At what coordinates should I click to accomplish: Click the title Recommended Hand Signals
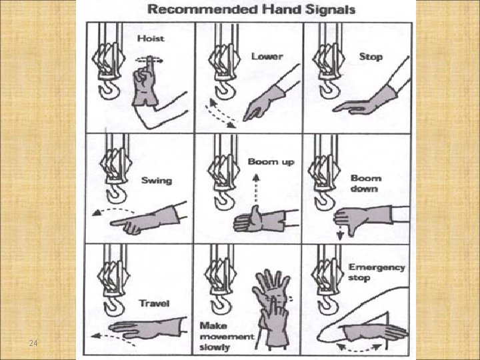[x=251, y=10]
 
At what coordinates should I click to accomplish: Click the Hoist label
[x=150, y=39]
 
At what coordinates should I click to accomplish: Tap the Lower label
[x=267, y=56]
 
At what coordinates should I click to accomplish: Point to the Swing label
[x=156, y=180]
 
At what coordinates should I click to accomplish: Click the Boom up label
[x=271, y=162]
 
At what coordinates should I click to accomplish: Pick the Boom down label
[x=366, y=183]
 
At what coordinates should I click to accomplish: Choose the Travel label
[x=153, y=303]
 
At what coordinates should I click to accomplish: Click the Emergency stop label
[x=376, y=272]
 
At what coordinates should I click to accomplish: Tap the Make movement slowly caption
[x=227, y=337]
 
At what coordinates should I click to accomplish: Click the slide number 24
[x=33, y=344]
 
